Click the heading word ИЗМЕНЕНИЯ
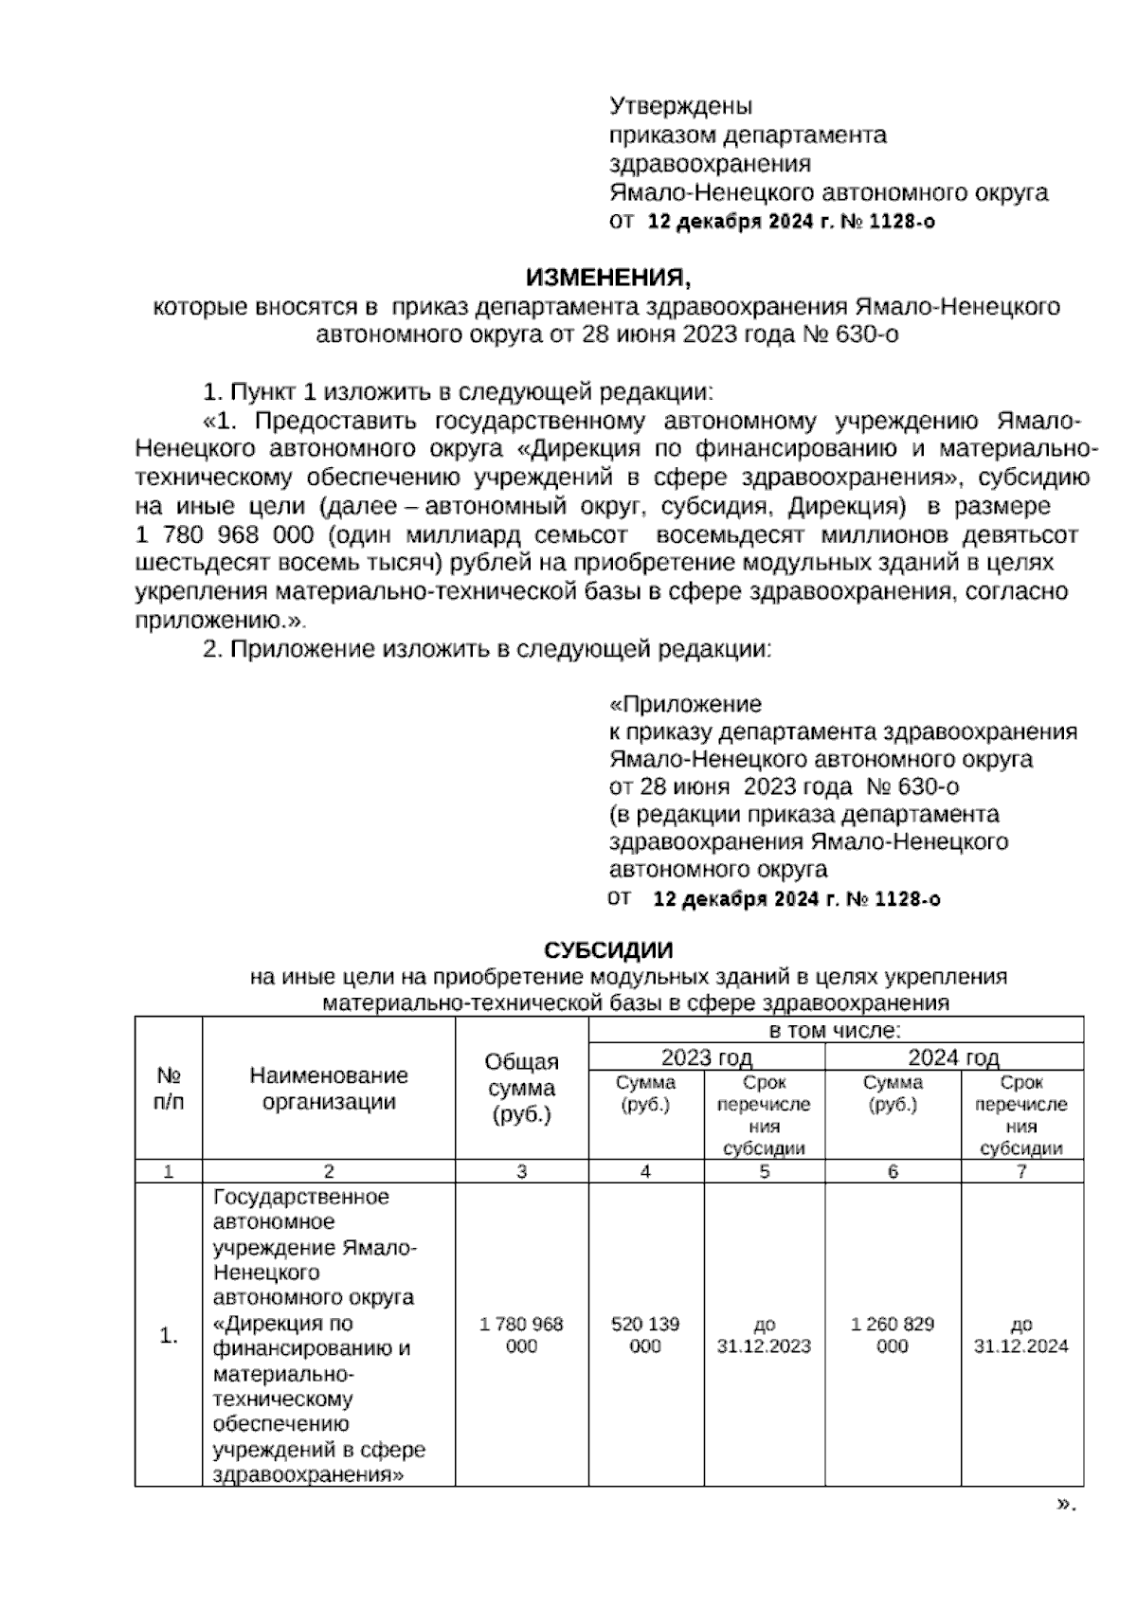click(609, 278)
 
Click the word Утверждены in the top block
click(680, 105)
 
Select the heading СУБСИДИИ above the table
click(608, 949)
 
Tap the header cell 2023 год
click(706, 1057)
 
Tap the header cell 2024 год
click(953, 1057)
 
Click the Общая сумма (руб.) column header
click(521, 1088)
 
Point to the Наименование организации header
click(329, 1088)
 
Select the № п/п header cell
click(169, 1088)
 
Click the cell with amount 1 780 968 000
click(521, 1334)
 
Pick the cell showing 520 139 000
click(645, 1334)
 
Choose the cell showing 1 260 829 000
click(893, 1334)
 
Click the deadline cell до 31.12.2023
click(764, 1334)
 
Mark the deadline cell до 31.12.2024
click(1021, 1334)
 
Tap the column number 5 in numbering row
click(764, 1171)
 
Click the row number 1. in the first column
click(169, 1336)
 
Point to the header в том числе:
click(835, 1030)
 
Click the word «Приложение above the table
click(684, 704)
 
